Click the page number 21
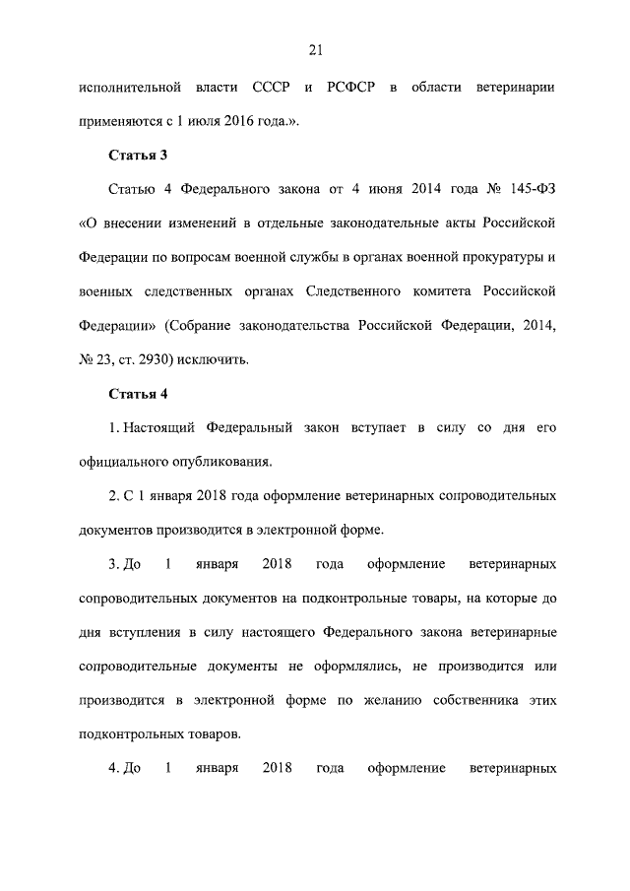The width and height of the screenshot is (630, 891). pos(315,51)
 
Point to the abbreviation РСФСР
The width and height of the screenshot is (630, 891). pos(350,88)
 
